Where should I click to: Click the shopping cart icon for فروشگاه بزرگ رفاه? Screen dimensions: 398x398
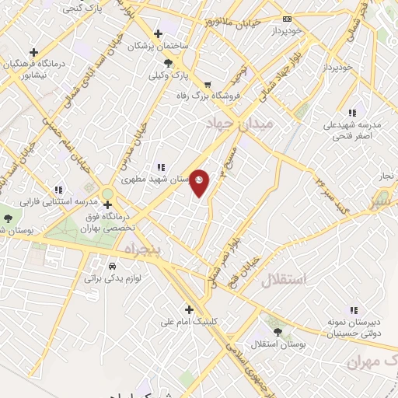[x=207, y=86]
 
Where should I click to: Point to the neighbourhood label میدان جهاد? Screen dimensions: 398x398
[x=241, y=124]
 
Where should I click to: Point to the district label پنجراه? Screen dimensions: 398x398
[x=141, y=248]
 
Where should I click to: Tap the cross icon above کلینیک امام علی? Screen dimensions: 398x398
[x=189, y=309]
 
